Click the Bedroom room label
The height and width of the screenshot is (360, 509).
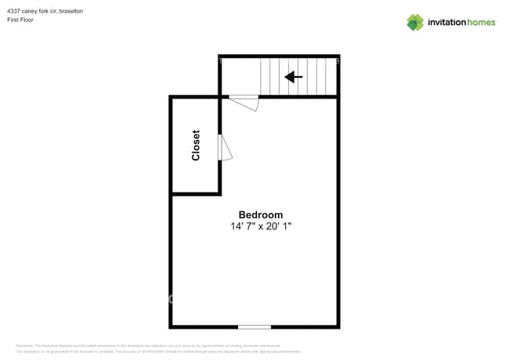coord(261,214)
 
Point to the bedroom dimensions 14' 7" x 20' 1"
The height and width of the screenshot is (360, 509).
coord(261,226)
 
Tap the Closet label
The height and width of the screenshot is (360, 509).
coord(196,146)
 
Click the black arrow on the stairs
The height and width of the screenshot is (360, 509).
coord(294,77)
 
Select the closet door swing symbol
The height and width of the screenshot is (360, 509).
coord(226,147)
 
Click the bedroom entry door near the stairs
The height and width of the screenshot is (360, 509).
coord(244,102)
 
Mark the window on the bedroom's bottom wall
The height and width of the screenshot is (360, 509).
coord(254,326)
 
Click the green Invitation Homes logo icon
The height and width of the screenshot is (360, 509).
coord(415,22)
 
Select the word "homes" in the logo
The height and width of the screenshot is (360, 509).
coord(481,22)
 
